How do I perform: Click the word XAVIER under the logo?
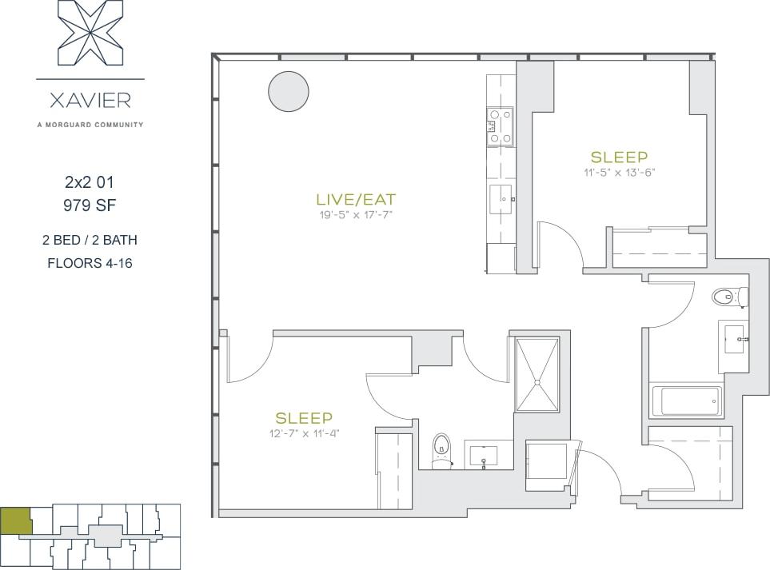90,102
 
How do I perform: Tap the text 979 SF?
90,205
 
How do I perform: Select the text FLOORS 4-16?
90,262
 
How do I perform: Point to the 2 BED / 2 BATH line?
90,240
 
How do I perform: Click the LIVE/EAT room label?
356,200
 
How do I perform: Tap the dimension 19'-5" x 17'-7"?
356,214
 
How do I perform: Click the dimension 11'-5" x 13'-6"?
619,172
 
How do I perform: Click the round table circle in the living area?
288,91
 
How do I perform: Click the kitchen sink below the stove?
501,194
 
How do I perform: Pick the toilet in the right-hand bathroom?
728,297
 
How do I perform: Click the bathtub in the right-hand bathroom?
687,401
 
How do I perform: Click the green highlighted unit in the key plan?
15,520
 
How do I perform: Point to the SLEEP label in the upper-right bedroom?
619,157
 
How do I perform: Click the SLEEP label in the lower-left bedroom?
303,418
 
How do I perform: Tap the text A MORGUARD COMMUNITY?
90,124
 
